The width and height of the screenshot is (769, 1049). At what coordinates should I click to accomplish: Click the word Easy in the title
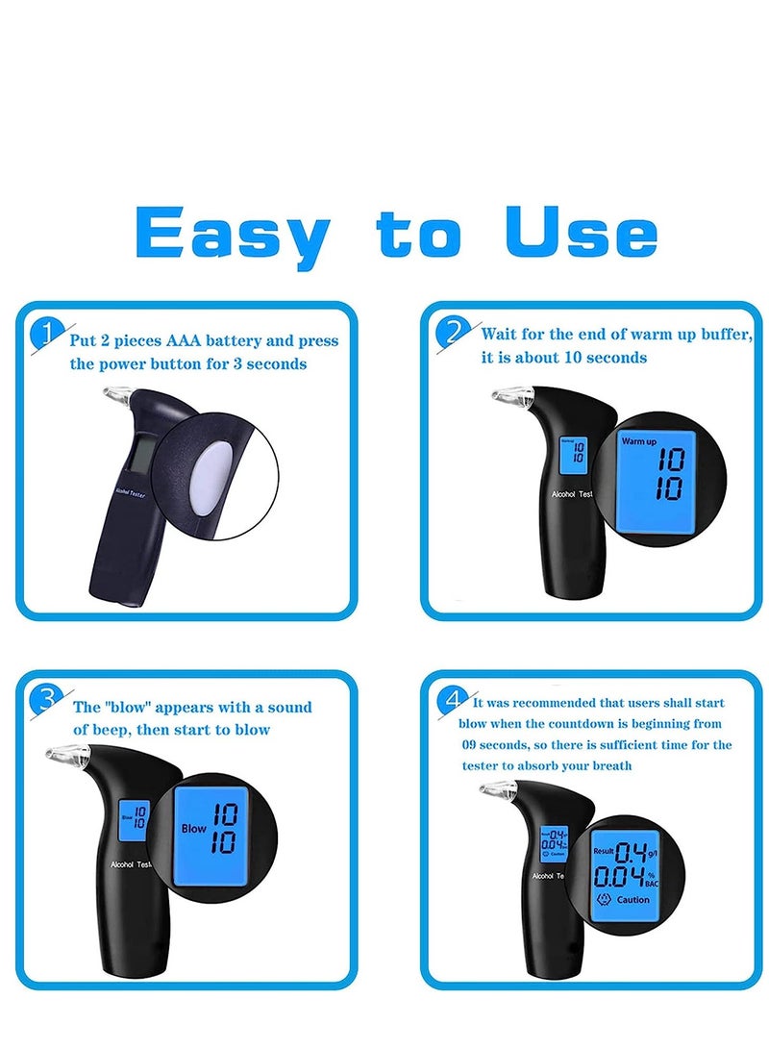[x=232, y=234]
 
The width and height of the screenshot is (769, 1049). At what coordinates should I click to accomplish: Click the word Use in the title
[x=581, y=232]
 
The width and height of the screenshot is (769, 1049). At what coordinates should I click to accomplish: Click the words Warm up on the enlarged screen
[x=639, y=441]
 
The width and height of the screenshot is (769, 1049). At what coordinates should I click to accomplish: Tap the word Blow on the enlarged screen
[x=194, y=827]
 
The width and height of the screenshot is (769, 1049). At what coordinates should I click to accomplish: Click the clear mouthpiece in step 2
[x=509, y=395]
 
